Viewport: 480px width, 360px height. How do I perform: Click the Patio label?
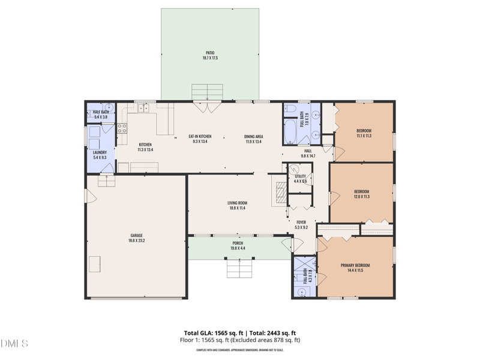[x=209, y=53]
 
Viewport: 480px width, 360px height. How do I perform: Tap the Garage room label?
[x=137, y=235]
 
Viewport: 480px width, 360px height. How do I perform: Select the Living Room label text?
[x=237, y=203]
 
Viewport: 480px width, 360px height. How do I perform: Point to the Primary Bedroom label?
[x=355, y=265]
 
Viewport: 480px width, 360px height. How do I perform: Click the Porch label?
[x=238, y=244]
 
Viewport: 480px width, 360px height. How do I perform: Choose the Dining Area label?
[x=254, y=137]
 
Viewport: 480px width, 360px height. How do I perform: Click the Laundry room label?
[x=100, y=152]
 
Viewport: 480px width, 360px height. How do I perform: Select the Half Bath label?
[x=101, y=112]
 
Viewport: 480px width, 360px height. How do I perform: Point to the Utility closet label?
[x=300, y=176]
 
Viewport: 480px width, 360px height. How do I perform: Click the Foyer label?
[x=301, y=222]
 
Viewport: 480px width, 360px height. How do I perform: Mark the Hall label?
[x=308, y=151]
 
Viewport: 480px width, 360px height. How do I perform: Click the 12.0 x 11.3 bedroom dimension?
[x=361, y=196]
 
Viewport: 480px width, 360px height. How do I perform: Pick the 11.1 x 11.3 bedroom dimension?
[x=364, y=136]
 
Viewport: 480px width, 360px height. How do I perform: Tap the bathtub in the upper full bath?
[x=290, y=131]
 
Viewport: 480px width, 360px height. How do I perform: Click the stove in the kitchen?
[x=122, y=128]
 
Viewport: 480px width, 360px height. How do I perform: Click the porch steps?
[x=238, y=268]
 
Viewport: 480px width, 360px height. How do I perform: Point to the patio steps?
[x=207, y=93]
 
